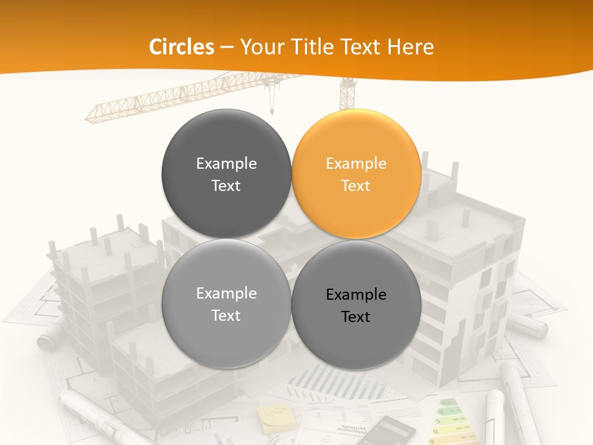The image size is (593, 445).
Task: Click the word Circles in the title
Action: coord(182,47)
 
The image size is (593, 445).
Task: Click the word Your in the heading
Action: coord(260,47)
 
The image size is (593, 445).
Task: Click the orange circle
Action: coord(356,174)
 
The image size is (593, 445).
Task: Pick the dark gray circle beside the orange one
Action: coord(226,174)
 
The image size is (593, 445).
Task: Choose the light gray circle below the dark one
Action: coord(226,303)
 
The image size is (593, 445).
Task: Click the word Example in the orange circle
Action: coord(356,163)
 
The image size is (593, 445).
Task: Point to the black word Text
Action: coord(356,317)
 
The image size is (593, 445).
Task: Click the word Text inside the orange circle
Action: coord(356,185)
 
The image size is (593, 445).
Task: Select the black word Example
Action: coord(356,295)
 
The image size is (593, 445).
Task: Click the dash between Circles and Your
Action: coord(227,48)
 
